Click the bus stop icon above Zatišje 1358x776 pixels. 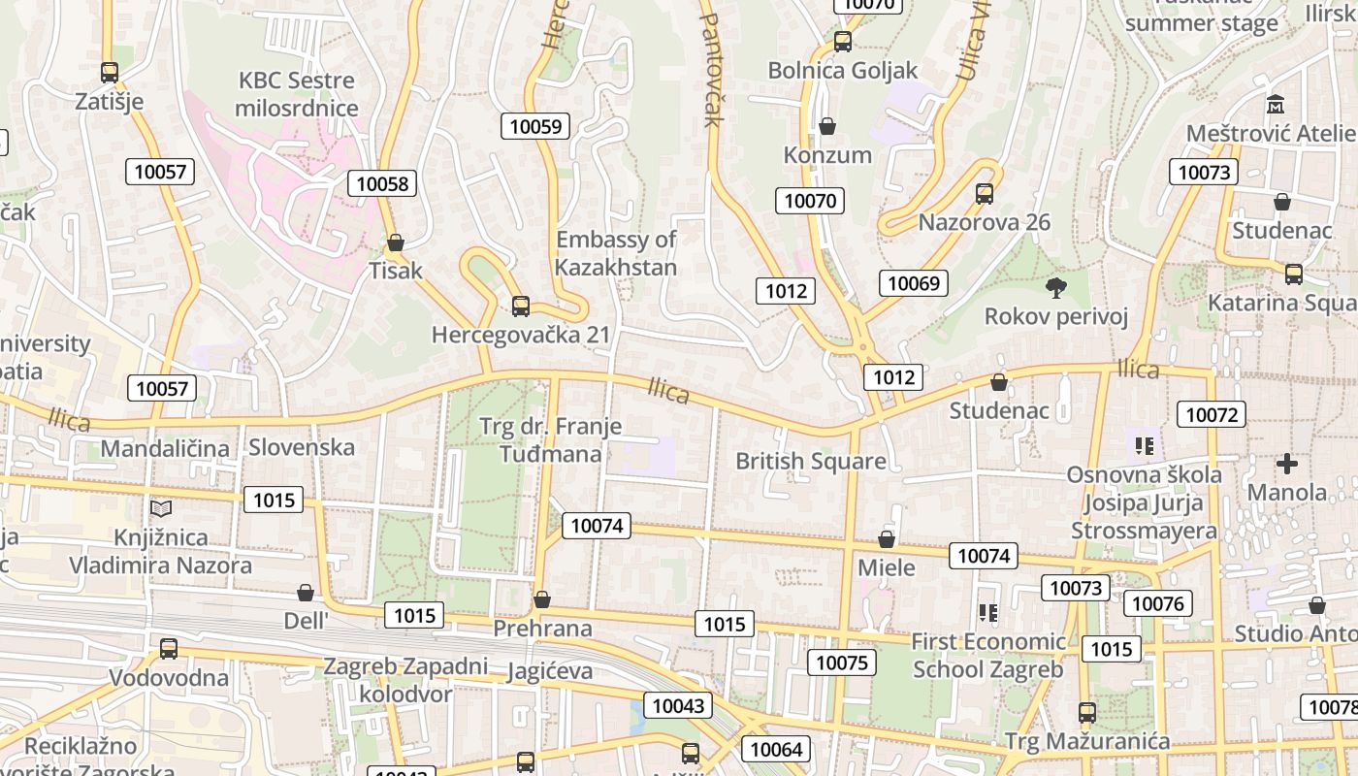110,73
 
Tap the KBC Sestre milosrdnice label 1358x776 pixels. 296,94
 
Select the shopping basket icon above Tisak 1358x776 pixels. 395,242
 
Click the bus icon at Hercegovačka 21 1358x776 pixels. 521,307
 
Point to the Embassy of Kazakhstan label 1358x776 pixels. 616,252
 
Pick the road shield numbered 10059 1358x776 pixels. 535,126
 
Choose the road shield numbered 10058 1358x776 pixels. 383,183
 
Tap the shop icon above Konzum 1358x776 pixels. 827,126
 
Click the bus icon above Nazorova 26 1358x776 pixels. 985,194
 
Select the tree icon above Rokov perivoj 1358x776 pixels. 1055,287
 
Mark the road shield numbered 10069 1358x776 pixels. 913,283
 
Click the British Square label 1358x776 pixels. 811,461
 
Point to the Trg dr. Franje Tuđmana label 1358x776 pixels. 550,439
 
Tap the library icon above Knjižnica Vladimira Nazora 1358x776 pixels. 160,508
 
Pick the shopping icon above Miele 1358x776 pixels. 887,539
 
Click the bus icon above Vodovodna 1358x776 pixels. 169,649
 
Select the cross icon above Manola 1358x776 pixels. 1287,464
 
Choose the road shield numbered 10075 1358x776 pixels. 842,663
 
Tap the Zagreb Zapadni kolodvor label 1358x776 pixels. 405,680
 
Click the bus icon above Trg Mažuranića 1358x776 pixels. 1087,713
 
